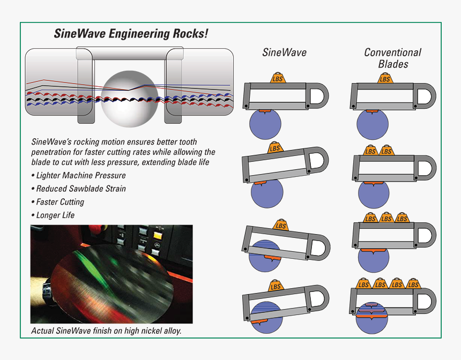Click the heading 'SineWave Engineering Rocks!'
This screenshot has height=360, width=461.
point(131,34)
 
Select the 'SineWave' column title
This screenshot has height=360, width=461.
point(284,52)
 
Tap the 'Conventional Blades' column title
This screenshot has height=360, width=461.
point(392,58)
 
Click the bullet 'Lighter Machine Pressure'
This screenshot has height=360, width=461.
point(80,176)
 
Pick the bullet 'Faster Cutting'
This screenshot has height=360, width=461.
point(60,202)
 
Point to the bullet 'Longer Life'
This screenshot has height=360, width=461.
point(55,215)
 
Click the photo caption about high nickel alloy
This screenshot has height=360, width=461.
point(106,331)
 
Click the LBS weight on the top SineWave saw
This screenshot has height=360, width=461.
point(278,78)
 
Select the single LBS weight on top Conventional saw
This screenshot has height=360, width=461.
point(385,78)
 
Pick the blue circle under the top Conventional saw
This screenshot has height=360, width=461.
point(373,125)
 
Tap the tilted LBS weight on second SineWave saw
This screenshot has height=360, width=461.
point(274,148)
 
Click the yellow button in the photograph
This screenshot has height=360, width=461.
point(158,234)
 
